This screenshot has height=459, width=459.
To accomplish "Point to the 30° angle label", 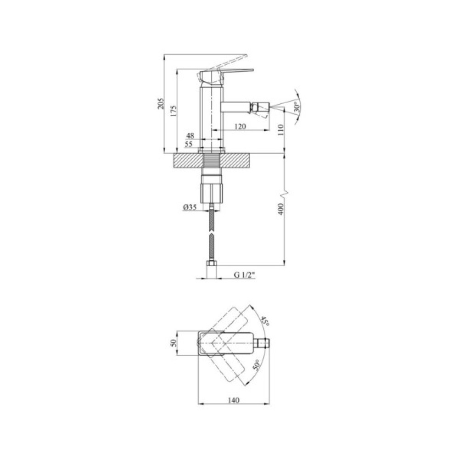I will tap(297, 108).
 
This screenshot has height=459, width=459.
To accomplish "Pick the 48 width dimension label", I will tap(190, 136).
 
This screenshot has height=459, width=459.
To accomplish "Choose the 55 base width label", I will tap(189, 144).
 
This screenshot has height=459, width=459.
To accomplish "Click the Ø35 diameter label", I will tap(190, 207).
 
